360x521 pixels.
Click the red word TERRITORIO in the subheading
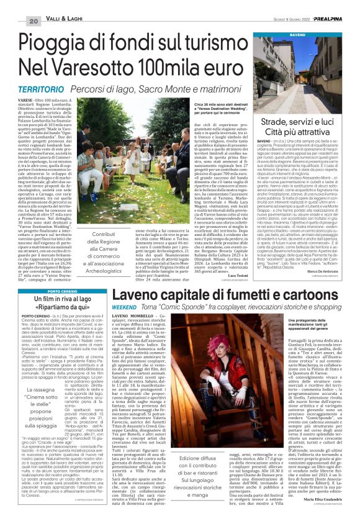37,91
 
